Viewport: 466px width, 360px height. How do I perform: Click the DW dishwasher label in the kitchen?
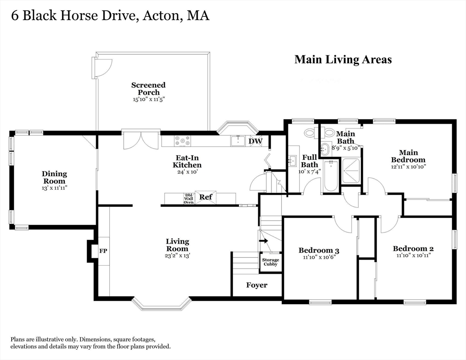pyautogui.click(x=256, y=141)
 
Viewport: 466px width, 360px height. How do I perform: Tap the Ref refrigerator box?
pyautogui.click(x=206, y=197)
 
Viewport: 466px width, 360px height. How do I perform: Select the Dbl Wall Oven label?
pyautogui.click(x=189, y=198)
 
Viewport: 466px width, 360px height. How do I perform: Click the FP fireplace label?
pyautogui.click(x=103, y=251)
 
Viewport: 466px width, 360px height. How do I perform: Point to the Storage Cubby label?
pyautogui.click(x=271, y=262)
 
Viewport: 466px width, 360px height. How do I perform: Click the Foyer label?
pyautogui.click(x=257, y=285)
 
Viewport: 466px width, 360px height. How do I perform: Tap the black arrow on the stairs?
pyautogui.click(x=263, y=241)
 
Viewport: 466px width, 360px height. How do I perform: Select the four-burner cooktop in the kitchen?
pyautogui.click(x=182, y=141)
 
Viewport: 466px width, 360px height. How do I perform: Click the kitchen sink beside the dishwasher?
pyautogui.click(x=238, y=141)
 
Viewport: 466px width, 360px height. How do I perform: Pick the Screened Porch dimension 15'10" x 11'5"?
pyautogui.click(x=149, y=99)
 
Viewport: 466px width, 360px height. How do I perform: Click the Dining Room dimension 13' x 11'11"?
pyautogui.click(x=54, y=188)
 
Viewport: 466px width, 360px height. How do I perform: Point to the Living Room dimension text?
pyautogui.click(x=177, y=255)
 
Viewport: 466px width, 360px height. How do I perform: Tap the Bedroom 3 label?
pyautogui.click(x=319, y=250)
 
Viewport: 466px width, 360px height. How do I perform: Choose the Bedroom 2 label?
pyautogui.click(x=413, y=248)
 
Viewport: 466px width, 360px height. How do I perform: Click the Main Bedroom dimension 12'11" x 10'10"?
pyautogui.click(x=409, y=166)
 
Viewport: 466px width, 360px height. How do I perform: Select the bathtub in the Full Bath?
pyautogui.click(x=330, y=176)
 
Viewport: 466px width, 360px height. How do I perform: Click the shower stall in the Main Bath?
pyautogui.click(x=351, y=171)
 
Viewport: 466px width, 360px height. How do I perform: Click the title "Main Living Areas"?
pyautogui.click(x=343, y=60)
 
